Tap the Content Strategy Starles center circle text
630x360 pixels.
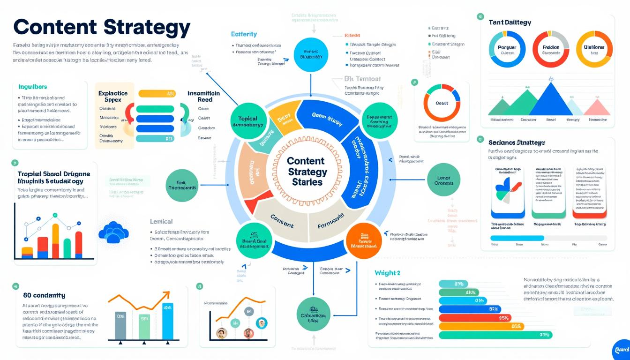pyautogui.click(x=307, y=171)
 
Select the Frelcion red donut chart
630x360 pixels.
pyautogui.click(x=551, y=50)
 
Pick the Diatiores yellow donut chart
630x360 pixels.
pyautogui.click(x=594, y=50)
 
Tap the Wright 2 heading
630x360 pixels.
pyautogui.click(x=387, y=273)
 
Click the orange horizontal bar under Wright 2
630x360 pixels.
pyautogui.click(x=480, y=326)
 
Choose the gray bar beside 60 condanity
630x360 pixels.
pyautogui.click(x=120, y=325)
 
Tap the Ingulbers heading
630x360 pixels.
pyautogui.click(x=33, y=87)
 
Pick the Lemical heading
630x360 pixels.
pyautogui.click(x=161, y=221)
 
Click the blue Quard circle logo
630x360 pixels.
pyautogui.click(x=621, y=349)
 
